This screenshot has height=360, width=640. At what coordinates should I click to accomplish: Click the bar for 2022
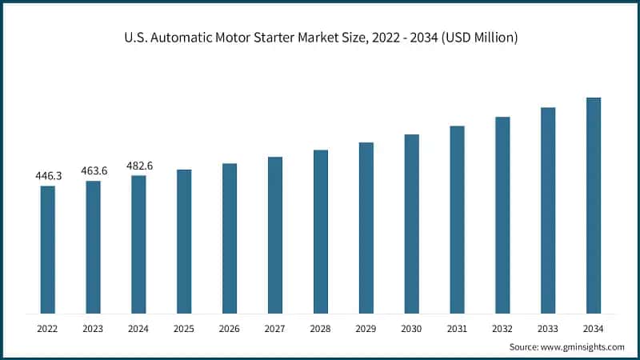pos(48,250)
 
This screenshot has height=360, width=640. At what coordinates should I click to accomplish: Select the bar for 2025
pos(184,241)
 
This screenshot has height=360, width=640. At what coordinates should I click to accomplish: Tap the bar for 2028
pos(321,231)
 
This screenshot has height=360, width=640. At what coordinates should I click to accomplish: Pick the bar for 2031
pos(457,219)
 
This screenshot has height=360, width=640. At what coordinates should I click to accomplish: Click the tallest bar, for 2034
pos(594,205)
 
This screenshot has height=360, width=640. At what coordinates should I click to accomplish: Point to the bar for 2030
pos(411,223)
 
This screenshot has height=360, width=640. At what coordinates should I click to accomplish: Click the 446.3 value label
pos(48,175)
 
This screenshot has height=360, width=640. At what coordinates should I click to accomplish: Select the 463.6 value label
pos(94,170)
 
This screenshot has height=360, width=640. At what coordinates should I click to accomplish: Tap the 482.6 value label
pos(139,166)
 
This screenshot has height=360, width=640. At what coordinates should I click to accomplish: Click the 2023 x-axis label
pos(94,329)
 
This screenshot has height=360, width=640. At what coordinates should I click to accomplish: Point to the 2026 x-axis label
pos(230,329)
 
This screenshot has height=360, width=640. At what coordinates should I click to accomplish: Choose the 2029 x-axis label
pos(366,329)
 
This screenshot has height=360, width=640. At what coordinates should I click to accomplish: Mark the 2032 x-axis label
pos(502,329)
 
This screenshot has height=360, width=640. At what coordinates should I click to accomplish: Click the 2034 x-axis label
pos(594,329)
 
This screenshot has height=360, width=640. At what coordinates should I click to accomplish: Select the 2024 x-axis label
pos(139,329)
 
